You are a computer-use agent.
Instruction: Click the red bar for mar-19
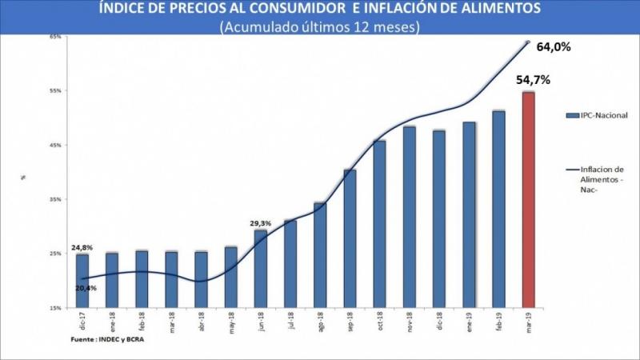(528, 200)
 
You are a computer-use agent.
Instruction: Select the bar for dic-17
(82, 281)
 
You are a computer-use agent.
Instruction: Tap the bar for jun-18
(261, 269)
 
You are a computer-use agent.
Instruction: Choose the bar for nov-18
(409, 217)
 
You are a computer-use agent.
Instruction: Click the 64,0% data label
(553, 47)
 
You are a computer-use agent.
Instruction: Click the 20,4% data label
(87, 289)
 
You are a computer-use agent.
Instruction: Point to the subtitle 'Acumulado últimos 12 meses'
(319, 26)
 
